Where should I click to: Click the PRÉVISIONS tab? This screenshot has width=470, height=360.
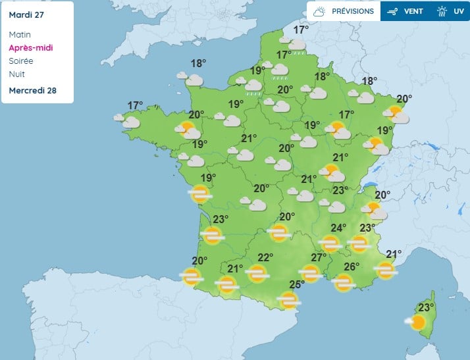(x=344, y=11)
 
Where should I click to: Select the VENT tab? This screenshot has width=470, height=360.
(x=405, y=11)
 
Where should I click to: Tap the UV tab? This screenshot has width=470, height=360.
(x=452, y=11)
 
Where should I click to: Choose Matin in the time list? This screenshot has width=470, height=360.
(x=20, y=34)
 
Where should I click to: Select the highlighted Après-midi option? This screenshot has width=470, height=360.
(x=31, y=47)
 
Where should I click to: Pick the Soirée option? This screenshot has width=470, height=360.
(x=21, y=61)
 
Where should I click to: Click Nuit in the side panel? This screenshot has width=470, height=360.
(x=17, y=74)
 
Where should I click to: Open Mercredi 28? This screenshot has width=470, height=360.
(x=32, y=90)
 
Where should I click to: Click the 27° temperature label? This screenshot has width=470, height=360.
(x=319, y=257)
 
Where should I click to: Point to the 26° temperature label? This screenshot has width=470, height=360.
(x=352, y=267)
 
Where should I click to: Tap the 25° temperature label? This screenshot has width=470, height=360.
(x=297, y=284)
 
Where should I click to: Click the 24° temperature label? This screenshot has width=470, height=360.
(x=338, y=228)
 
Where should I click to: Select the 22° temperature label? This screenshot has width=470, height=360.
(x=265, y=257)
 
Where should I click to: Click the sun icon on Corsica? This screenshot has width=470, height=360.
(x=417, y=322)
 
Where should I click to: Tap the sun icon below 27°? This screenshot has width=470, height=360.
(x=310, y=272)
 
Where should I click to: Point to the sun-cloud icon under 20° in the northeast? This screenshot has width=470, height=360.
(x=397, y=115)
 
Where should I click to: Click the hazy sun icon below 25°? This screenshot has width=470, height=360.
(x=288, y=300)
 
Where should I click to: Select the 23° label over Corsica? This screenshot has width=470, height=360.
(x=427, y=307)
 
